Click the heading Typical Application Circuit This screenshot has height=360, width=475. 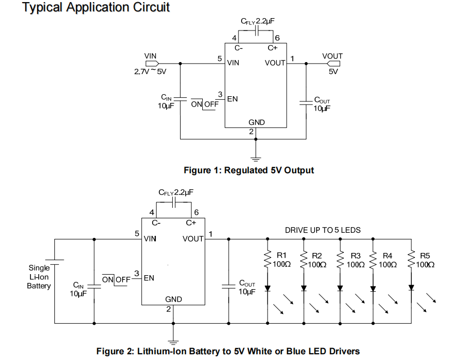pos(96,8)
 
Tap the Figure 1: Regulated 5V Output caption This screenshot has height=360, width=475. pos(249,170)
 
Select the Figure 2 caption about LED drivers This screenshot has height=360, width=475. pos(228,351)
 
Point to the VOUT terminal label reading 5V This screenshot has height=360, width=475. pos(333,72)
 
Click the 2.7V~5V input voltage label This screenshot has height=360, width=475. pos(150,72)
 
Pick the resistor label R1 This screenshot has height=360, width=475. pos(282,256)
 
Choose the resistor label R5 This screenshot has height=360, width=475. pos(425,256)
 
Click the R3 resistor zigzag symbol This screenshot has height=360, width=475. pos(340,260)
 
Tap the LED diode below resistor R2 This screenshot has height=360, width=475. pos(304,288)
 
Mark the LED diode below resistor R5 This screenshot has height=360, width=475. pos(411,288)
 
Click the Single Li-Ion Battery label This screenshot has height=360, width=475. pos(39,277)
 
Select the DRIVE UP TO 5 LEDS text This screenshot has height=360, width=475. pos(323,230)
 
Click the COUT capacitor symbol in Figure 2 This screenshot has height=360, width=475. pos(228,286)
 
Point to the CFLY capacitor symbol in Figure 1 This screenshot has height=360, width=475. pos(257,32)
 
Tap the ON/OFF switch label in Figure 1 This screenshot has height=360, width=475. pos(205,104)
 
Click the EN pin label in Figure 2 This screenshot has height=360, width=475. pos(149,278)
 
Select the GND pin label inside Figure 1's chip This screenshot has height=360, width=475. pos(256,123)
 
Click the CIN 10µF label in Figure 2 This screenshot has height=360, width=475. pos(78,289)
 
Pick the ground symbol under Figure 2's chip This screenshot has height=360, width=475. pos(173,340)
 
